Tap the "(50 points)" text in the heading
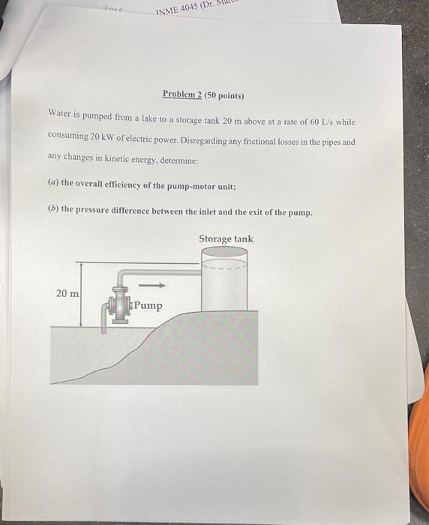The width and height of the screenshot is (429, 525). coord(223,96)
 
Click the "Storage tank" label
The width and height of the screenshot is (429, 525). coord(226,239)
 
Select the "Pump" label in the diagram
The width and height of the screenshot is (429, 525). coord(148,305)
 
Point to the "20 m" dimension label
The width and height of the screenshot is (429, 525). coord(67,293)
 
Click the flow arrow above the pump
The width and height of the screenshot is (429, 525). coord(152,285)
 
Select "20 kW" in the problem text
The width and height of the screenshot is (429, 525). coord(106,138)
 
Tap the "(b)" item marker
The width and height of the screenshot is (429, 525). coord(52,211)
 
